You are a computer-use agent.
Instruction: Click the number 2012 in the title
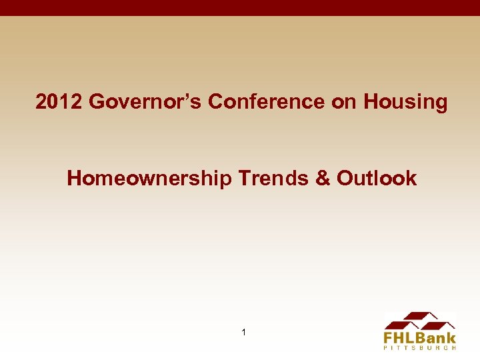coord(59,102)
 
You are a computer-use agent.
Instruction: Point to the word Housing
coord(406,102)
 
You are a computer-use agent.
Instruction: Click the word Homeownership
coord(150,179)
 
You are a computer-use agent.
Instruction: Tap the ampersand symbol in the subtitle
coord(323,179)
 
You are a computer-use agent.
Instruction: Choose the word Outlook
coord(377,179)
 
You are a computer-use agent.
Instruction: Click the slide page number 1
coord(243,332)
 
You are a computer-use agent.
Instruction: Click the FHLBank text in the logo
coord(419,337)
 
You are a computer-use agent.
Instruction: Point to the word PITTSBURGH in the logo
coord(419,347)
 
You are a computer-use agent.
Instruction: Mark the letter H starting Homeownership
coord(74,179)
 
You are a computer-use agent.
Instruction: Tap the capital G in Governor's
coord(97,102)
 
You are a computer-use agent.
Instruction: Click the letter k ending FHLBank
coord(451,337)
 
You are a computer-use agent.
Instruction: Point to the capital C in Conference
coord(216,102)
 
